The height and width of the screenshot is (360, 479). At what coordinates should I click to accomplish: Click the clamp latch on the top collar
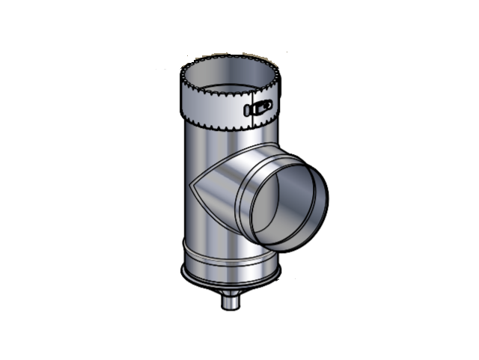click(x=258, y=109)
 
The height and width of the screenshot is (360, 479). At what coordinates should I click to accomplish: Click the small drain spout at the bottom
click(x=228, y=302)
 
